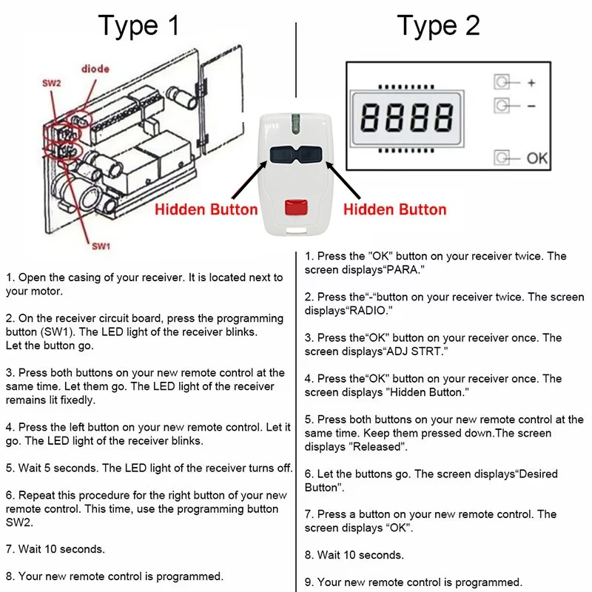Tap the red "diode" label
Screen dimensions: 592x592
click(x=95, y=69)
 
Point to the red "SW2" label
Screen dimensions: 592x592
click(x=52, y=84)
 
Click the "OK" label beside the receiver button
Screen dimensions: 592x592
click(x=537, y=158)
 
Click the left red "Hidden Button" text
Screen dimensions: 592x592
click(x=206, y=209)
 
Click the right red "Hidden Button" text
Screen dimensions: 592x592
click(x=395, y=209)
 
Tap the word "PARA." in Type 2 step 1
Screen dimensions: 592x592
click(x=403, y=270)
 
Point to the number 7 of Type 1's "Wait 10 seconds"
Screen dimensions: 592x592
click(x=9, y=549)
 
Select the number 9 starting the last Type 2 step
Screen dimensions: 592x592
click(x=308, y=582)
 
